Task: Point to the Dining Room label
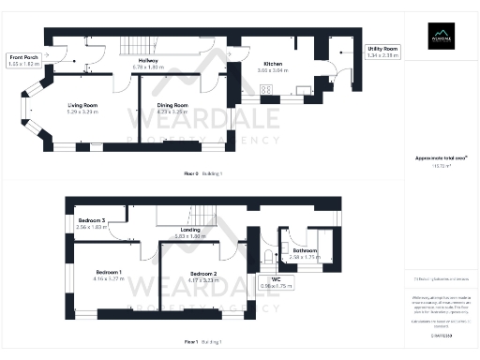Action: pyautogui.click(x=172, y=106)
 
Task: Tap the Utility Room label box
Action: pyautogui.click(x=382, y=52)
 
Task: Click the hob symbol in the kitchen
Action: pyautogui.click(x=267, y=90)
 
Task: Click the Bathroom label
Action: pyautogui.click(x=306, y=250)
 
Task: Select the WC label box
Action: pyautogui.click(x=282, y=282)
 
